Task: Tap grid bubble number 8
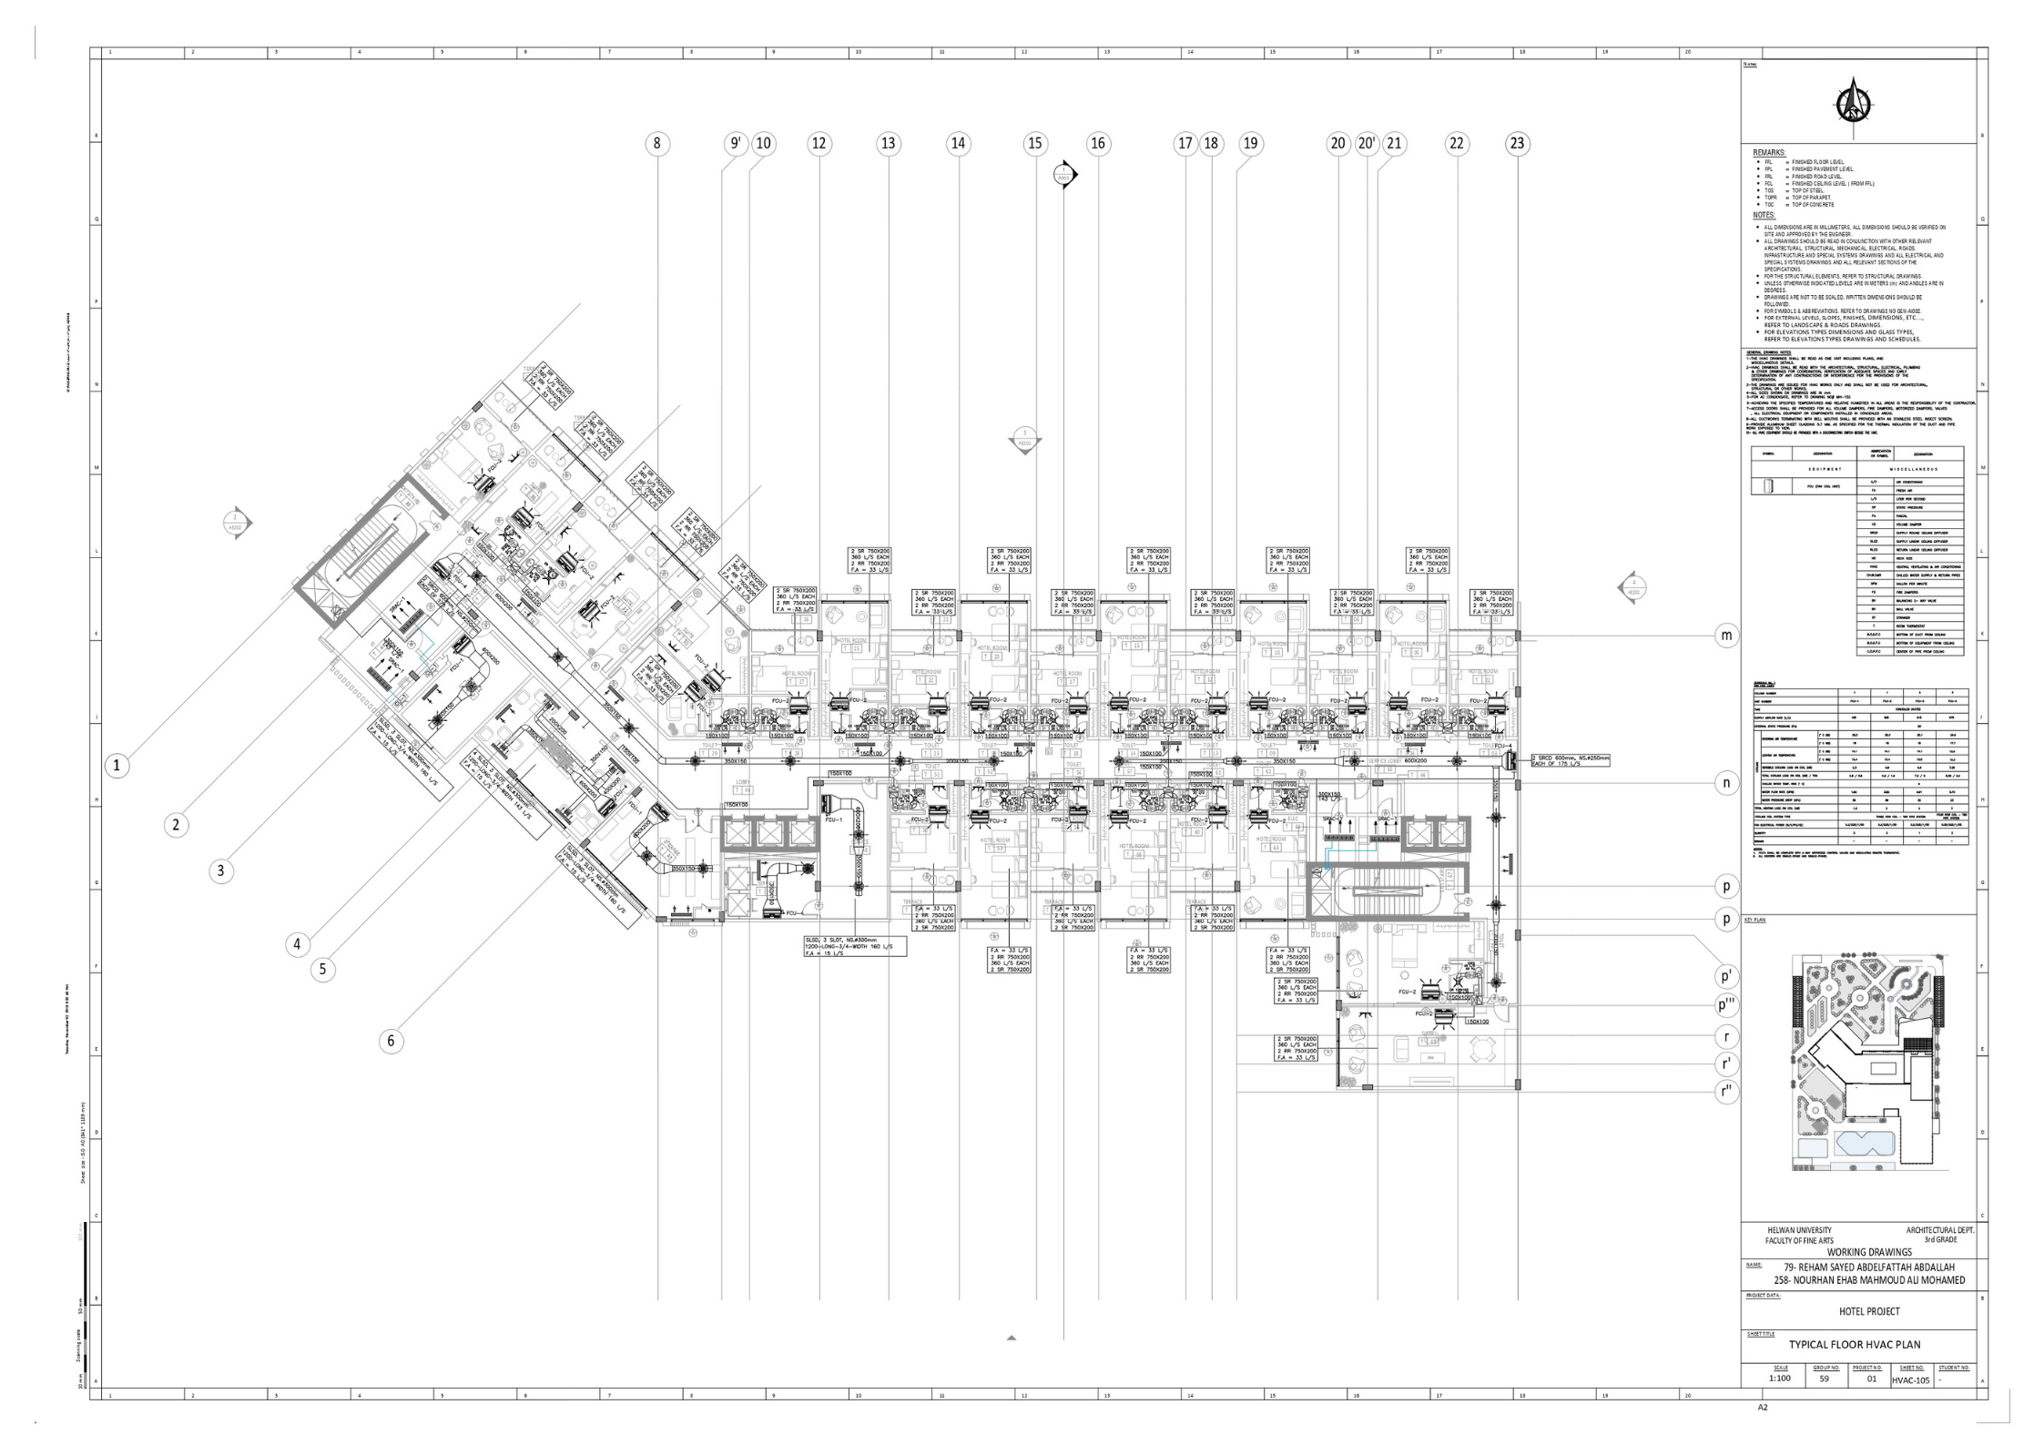(x=657, y=144)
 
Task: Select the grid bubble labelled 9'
(x=736, y=144)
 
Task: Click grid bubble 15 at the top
(x=1035, y=144)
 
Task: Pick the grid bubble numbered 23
(x=1517, y=144)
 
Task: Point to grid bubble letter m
(x=1726, y=636)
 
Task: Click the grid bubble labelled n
(x=1726, y=783)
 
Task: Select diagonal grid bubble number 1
(x=117, y=766)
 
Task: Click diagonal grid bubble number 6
(x=392, y=1041)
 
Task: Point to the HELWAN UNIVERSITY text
(x=1798, y=1230)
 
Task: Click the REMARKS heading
(x=1769, y=153)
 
